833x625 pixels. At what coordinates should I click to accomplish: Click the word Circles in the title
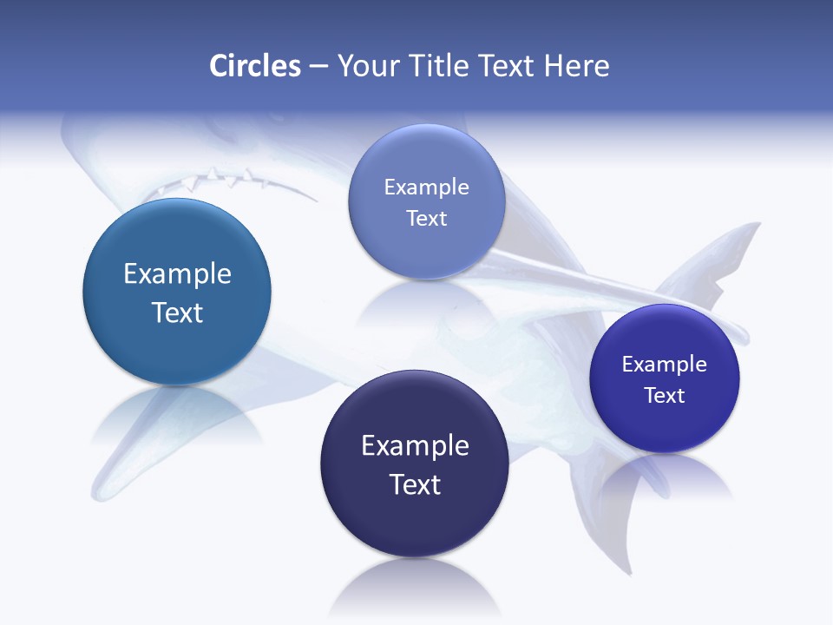(254, 66)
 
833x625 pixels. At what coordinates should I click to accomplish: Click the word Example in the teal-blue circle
(177, 274)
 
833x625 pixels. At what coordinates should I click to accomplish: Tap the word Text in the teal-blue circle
(177, 312)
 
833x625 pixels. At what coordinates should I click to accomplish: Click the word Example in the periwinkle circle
(426, 187)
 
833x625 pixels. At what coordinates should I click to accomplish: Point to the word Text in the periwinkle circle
(426, 219)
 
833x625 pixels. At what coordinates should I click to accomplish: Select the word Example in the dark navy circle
(415, 446)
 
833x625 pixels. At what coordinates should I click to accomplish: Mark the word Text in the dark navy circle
(415, 484)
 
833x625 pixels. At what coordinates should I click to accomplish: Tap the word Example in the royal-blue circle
(665, 365)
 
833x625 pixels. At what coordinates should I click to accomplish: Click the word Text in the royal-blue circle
(665, 396)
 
